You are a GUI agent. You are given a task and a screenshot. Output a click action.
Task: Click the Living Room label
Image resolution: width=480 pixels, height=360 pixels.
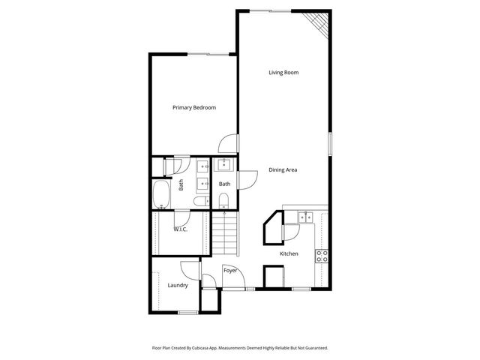coord(284,73)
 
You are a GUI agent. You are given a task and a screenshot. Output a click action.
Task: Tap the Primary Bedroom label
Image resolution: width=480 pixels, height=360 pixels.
coord(194,108)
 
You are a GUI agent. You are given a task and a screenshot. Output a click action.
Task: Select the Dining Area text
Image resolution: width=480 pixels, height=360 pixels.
coord(283,170)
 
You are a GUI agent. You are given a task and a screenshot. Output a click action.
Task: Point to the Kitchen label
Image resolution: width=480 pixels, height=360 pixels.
coord(289,253)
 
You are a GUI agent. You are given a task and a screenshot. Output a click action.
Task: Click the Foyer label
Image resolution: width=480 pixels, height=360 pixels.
coord(230,271)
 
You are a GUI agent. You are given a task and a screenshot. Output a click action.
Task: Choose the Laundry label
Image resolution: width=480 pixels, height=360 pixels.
coord(178,285)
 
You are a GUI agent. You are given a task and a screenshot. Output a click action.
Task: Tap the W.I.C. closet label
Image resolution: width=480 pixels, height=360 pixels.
coord(180,229)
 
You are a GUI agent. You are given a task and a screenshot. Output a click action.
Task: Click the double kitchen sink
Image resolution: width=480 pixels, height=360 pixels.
coord(305,217)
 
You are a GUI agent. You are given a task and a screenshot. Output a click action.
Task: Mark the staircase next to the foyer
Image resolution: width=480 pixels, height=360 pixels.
coord(224,233)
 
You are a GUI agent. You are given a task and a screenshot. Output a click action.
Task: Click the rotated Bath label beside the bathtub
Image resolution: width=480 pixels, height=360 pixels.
coord(181,184)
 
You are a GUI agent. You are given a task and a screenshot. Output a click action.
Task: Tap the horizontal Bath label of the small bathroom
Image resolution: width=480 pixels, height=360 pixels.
coord(224,184)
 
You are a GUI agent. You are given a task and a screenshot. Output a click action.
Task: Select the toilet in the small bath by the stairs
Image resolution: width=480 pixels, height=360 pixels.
coord(224,200)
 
